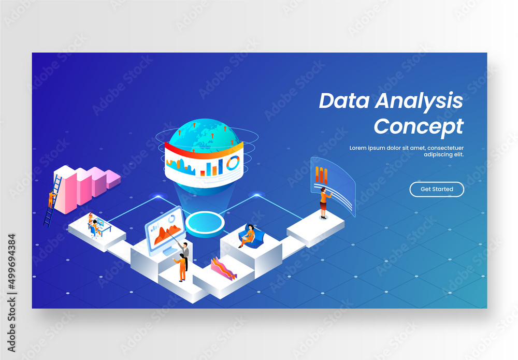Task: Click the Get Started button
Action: [437, 189]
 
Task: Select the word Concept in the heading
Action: [419, 126]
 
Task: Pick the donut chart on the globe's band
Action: [233, 163]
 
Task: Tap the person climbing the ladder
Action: [51, 198]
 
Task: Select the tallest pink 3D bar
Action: [65, 189]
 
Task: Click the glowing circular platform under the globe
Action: [205, 223]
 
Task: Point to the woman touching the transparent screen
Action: [324, 202]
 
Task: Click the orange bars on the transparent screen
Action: [322, 175]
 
